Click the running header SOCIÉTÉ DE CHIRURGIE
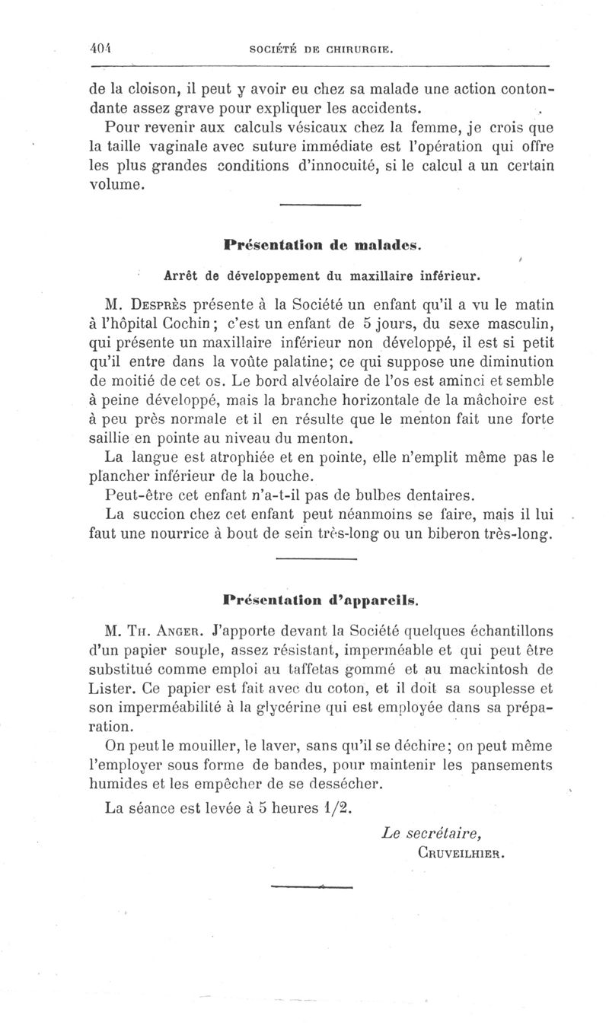pyautogui.click(x=321, y=50)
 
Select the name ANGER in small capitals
pyautogui.click(x=181, y=630)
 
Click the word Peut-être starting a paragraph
pyautogui.click(x=137, y=496)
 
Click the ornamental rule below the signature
pyautogui.click(x=313, y=887)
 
